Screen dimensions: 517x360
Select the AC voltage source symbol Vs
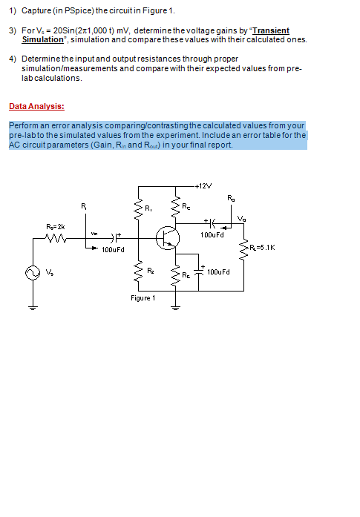click(x=33, y=272)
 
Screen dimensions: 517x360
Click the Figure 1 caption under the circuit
click(x=143, y=298)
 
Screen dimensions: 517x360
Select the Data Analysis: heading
click(x=36, y=106)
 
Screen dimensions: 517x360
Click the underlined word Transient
click(x=271, y=30)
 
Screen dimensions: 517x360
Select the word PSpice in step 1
click(x=76, y=12)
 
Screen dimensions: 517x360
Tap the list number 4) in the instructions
click(x=13, y=58)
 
